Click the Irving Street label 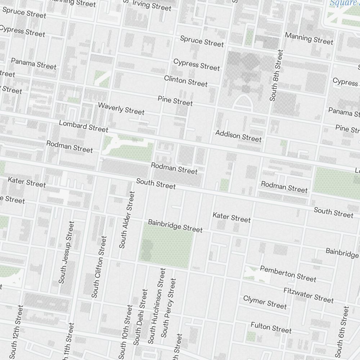(152, 5)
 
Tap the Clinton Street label (186, 81)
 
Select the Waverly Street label (121, 109)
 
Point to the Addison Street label (238, 136)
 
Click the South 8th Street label (276, 75)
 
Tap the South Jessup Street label (67, 252)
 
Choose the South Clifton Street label (99, 267)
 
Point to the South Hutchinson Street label (157, 306)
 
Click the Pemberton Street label (288, 274)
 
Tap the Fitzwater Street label (309, 295)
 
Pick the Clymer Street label (265, 302)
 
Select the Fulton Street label (271, 327)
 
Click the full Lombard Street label (84, 126)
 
